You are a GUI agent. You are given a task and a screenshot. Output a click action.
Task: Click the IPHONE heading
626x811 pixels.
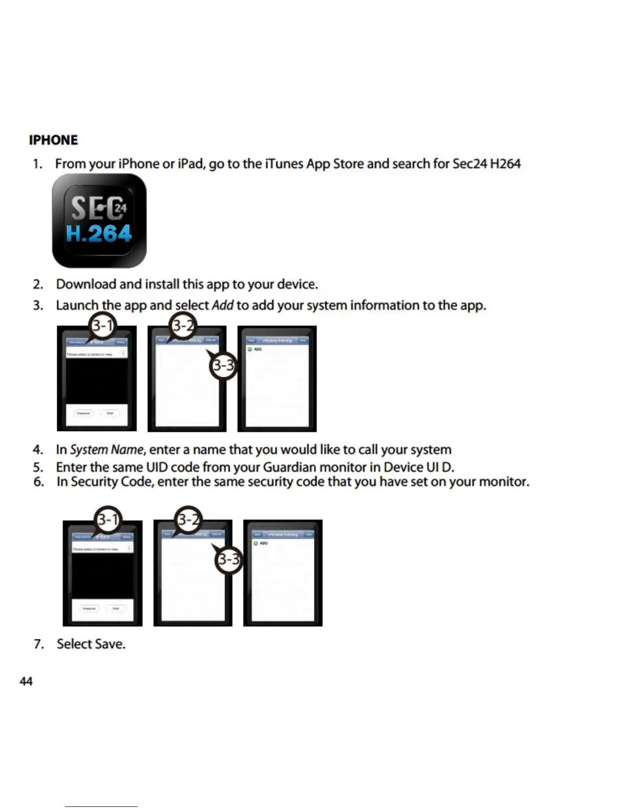tap(53, 140)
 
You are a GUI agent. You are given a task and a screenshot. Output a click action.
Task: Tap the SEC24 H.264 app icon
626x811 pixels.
tap(99, 220)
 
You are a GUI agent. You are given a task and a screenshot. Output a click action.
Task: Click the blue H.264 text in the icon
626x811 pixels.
tap(99, 234)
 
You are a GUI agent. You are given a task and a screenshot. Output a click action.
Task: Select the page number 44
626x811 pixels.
tap(26, 681)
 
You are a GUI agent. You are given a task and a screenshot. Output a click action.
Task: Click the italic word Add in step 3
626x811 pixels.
tap(222, 305)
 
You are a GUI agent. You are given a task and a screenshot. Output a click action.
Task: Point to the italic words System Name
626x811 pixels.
tap(106, 450)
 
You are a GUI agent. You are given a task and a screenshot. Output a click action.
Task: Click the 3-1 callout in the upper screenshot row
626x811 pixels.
tap(102, 326)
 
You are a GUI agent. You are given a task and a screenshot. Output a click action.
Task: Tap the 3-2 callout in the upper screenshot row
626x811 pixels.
tap(183, 326)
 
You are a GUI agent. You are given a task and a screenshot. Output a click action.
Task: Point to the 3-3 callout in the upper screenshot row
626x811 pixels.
tap(223, 366)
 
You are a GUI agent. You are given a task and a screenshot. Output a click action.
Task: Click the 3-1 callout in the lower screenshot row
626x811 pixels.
tap(108, 520)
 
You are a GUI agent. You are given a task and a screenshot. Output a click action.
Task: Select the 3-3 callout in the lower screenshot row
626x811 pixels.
tap(229, 559)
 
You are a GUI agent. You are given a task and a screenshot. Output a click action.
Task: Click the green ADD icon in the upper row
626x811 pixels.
tap(250, 349)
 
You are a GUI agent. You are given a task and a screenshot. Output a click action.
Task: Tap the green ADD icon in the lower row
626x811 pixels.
tap(256, 543)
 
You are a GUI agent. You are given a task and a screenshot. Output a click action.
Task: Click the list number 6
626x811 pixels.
tap(38, 482)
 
